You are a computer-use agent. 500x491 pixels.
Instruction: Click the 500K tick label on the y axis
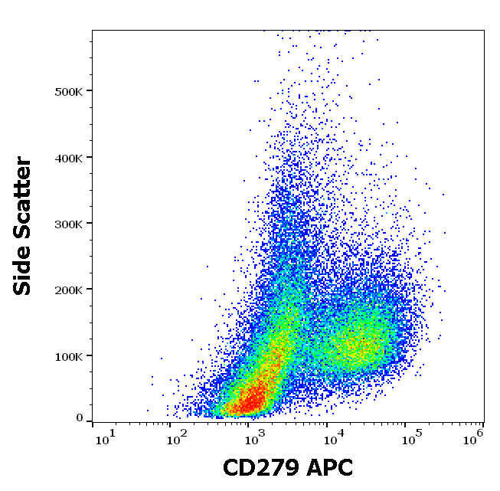(x=70, y=91)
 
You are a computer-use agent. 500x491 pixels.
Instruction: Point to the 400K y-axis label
(x=70, y=157)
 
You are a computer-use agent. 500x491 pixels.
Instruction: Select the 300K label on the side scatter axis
(x=70, y=224)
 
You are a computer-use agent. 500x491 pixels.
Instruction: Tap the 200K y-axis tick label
(x=70, y=290)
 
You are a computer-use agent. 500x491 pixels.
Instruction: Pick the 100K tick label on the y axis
(x=70, y=355)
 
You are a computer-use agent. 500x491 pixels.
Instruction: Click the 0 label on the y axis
(x=80, y=418)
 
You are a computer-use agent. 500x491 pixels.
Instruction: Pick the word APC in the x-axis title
(x=332, y=467)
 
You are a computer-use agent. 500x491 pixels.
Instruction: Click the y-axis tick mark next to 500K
(x=90, y=91)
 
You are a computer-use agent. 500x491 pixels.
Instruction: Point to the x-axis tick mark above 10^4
(x=327, y=424)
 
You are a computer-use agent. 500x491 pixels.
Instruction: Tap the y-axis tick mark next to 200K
(x=90, y=290)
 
